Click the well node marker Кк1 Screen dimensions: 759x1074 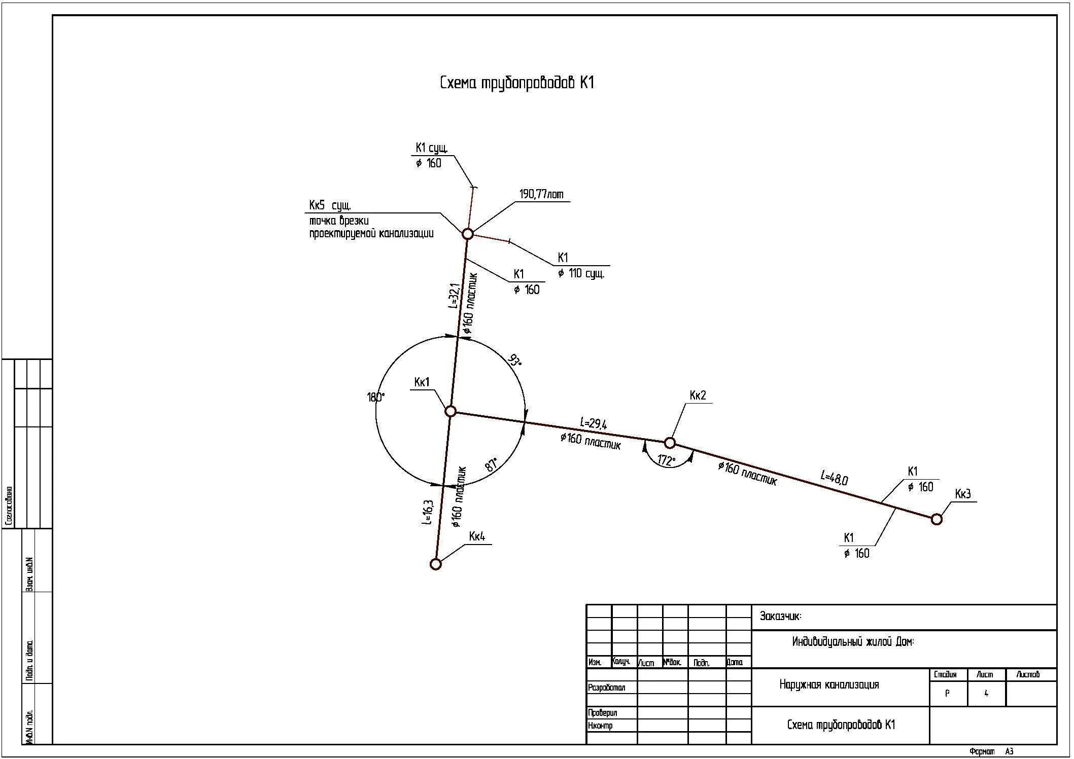[451, 411]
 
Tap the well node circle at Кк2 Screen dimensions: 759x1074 [670, 443]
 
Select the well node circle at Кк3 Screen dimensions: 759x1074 [937, 519]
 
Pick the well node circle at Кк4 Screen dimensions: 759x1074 [435, 564]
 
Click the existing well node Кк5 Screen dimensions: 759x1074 [468, 234]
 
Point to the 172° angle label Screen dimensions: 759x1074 [667, 460]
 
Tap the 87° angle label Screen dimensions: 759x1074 [492, 464]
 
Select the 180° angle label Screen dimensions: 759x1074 [376, 397]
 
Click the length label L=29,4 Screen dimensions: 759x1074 [594, 424]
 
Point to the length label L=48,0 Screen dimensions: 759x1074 [835, 478]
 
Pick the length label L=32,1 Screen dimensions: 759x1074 [454, 296]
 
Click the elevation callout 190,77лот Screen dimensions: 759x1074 [541, 195]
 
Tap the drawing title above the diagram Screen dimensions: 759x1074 [516, 83]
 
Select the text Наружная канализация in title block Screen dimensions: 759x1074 [829, 685]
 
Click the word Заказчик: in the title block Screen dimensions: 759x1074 [780, 617]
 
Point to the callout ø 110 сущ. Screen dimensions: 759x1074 [581, 274]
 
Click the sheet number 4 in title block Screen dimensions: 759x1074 [986, 694]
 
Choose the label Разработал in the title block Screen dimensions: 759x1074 [607, 688]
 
